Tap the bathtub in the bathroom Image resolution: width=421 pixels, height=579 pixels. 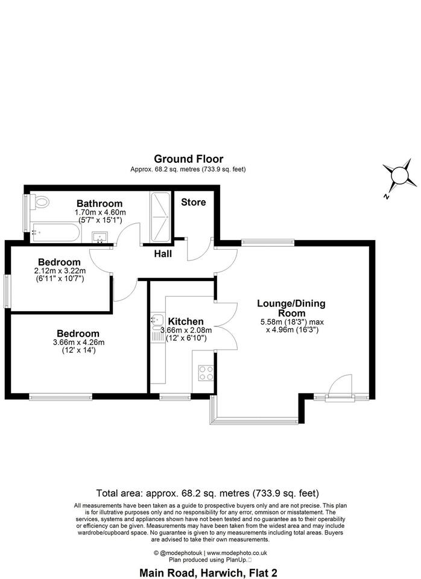pyautogui.click(x=55, y=233)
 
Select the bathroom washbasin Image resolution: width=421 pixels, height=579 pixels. pyautogui.click(x=100, y=236)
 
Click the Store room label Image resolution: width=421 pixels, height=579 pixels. pyautogui.click(x=194, y=202)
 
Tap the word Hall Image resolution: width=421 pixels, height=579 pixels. pyautogui.click(x=163, y=254)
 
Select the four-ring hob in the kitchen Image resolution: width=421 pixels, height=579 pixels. pyautogui.click(x=206, y=373)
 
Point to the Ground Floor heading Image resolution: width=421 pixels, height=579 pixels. pyautogui.click(x=188, y=159)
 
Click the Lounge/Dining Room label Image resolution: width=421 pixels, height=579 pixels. pyautogui.click(x=291, y=308)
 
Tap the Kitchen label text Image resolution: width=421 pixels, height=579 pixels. pyautogui.click(x=186, y=321)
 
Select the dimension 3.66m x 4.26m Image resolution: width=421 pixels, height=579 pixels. pyautogui.click(x=78, y=343)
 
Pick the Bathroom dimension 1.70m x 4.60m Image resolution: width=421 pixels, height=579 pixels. pyautogui.click(x=100, y=212)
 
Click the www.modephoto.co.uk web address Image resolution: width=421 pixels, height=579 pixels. pyautogui.click(x=236, y=553)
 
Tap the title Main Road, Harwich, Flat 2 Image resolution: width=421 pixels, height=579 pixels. pyautogui.click(x=208, y=573)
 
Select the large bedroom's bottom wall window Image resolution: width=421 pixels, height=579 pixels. pyautogui.click(x=60, y=397)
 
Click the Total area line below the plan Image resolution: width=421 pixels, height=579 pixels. pyautogui.click(x=207, y=493)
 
